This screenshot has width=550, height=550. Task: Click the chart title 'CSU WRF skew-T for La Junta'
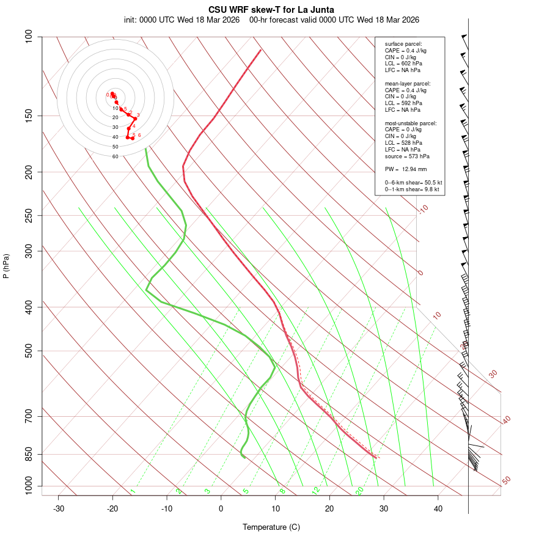(x=271, y=10)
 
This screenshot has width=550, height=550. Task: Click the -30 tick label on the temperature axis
(x=59, y=508)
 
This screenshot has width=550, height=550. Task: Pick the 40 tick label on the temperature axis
(x=438, y=508)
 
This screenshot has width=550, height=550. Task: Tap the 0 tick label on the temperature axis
(x=221, y=508)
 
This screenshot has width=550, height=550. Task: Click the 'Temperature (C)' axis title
(x=271, y=527)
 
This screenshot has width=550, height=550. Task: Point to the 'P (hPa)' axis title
(x=6, y=266)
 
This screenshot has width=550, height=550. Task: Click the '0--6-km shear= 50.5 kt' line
(x=413, y=183)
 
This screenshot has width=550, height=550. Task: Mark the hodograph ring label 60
(x=115, y=156)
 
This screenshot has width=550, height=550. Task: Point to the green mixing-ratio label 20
(x=359, y=490)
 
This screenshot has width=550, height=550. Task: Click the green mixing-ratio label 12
(x=316, y=490)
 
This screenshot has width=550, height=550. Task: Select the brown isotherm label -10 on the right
(x=423, y=209)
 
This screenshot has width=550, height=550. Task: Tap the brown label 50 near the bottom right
(x=506, y=481)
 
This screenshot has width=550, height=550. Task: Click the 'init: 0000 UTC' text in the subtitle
(x=149, y=20)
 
